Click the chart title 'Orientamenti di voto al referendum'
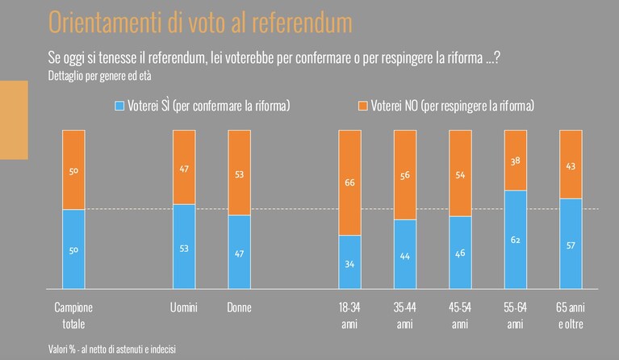click(200, 22)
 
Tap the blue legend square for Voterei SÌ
click(119, 106)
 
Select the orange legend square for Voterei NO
click(362, 106)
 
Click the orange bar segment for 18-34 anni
click(349, 182)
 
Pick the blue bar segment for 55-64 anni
click(516, 240)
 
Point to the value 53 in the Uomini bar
click(184, 249)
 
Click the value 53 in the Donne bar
click(239, 174)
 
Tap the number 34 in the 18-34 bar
click(349, 264)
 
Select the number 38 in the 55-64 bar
click(515, 161)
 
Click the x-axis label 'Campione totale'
click(73, 316)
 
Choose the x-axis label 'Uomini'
click(183, 308)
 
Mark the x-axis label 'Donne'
click(239, 308)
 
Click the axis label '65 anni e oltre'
click(571, 316)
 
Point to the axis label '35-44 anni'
click(404, 316)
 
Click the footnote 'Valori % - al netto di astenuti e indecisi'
click(112, 350)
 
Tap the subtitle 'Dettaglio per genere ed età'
click(99, 75)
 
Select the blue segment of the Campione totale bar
click(73, 249)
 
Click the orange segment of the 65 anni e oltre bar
click(571, 164)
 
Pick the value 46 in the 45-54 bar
click(460, 253)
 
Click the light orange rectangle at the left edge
click(14, 120)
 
